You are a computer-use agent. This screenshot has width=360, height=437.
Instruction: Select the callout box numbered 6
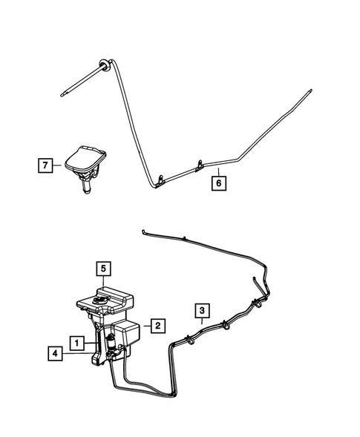tap(218, 180)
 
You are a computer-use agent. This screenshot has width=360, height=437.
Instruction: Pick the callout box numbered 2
tap(157, 324)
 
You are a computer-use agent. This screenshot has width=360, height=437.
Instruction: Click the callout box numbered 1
tap(76, 342)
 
